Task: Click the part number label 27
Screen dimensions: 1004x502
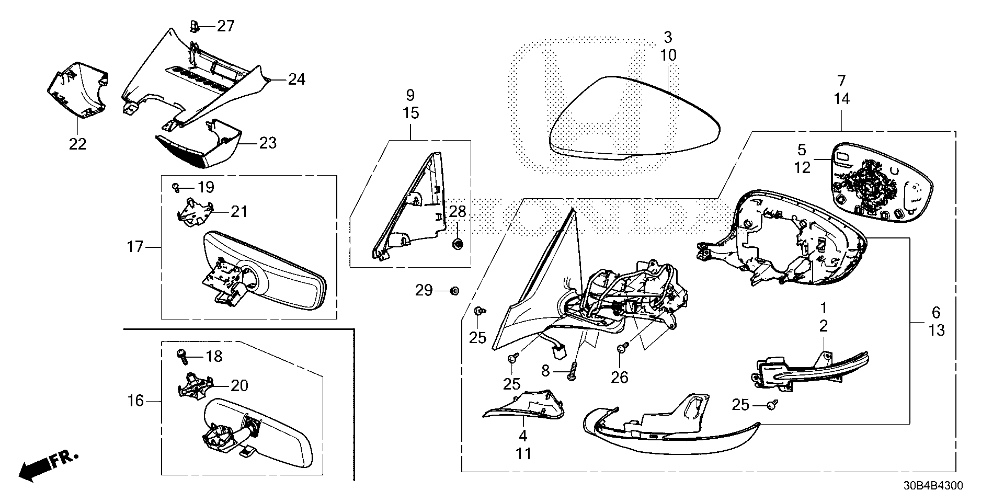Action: pos(226,26)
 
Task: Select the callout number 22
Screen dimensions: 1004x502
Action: pos(77,143)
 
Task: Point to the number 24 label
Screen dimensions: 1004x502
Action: pos(296,79)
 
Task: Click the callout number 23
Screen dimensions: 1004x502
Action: pos(268,142)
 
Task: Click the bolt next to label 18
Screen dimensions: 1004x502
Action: pos(184,356)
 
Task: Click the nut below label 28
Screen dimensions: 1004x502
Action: pos(457,243)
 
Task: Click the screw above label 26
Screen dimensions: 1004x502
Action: pos(622,347)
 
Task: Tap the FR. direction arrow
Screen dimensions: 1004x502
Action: pos(48,465)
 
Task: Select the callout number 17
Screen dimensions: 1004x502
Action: pos(135,245)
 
